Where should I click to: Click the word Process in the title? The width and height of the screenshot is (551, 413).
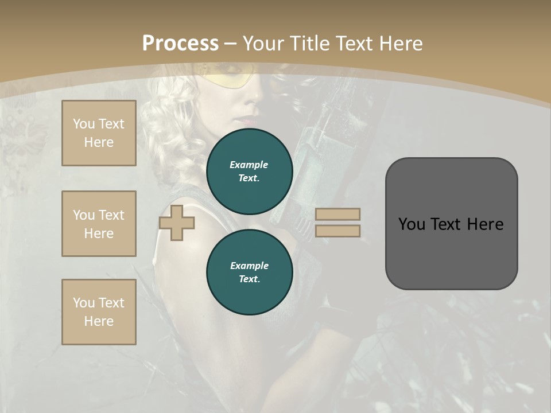[x=180, y=43]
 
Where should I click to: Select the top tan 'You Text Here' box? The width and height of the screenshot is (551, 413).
[x=99, y=133]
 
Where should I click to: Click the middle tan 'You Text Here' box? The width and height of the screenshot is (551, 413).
[x=99, y=224]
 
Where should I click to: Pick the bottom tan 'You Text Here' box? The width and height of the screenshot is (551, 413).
[x=99, y=312]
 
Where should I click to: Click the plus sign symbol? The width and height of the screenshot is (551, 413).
[x=177, y=223]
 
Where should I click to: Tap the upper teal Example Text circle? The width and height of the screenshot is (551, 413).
[x=249, y=172]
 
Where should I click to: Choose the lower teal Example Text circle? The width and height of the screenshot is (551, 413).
[x=249, y=272]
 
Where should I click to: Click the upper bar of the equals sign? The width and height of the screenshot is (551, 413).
[x=338, y=214]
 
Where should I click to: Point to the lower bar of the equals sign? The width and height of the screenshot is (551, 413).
[x=338, y=231]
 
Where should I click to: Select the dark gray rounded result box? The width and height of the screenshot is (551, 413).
[x=451, y=224]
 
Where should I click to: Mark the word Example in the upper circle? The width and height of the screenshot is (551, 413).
[x=249, y=165]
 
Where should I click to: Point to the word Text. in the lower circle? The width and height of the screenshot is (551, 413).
[x=249, y=279]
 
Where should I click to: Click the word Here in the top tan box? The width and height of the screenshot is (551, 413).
[x=99, y=142]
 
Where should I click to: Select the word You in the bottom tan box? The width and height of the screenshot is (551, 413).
[x=84, y=303]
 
